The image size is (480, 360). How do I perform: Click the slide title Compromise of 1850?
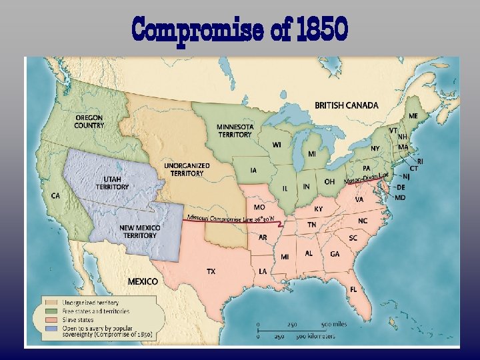coord(240,29)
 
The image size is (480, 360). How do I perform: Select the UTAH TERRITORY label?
coord(112,183)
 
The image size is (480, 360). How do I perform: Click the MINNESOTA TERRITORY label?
coord(235,130)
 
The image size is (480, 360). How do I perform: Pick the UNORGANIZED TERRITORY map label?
coord(187,169)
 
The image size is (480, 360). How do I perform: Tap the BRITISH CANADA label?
coord(346,105)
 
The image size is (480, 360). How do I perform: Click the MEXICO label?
coord(143,281)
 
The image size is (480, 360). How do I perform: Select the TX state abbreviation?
coord(211,271)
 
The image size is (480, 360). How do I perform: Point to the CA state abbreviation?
coord(55,196)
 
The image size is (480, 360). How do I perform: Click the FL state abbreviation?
coord(353,289)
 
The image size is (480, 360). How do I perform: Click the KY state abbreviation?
coord(319,209)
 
